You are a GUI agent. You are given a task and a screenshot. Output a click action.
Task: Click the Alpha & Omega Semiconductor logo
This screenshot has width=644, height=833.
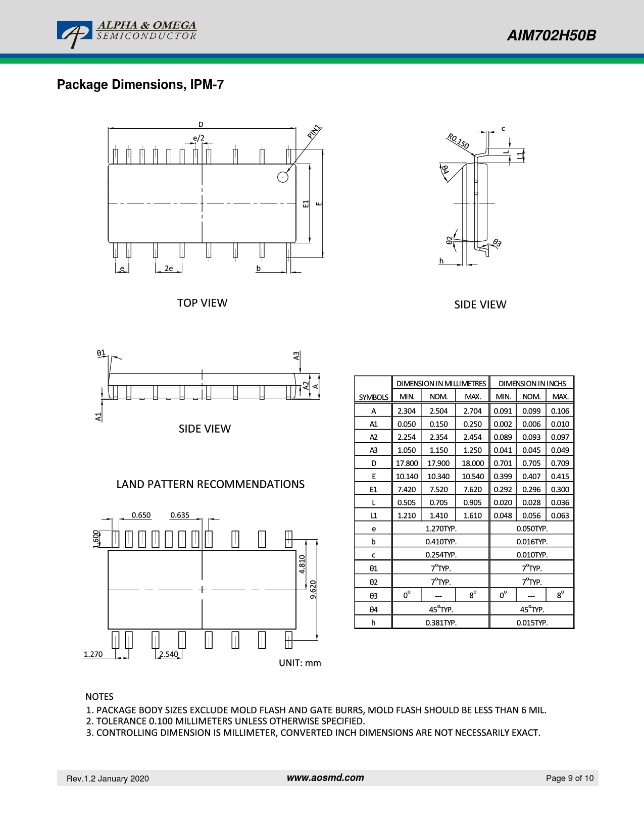pos(126,34)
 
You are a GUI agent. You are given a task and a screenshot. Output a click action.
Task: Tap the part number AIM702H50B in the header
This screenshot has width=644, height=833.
pos(551,35)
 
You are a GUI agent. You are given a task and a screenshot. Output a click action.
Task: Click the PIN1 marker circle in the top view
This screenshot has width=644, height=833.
pos(283,177)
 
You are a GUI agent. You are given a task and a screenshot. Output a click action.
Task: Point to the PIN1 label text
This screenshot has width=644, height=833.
pos(314,132)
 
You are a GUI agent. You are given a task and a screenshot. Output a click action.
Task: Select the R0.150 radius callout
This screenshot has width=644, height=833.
pos(458,141)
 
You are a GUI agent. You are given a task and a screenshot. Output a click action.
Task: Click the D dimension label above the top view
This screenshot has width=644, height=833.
pos(201,124)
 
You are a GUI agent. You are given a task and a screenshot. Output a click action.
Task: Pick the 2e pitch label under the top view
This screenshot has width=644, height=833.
pos(169,268)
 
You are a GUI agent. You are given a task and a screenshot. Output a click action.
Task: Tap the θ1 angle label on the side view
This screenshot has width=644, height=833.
pos(102,353)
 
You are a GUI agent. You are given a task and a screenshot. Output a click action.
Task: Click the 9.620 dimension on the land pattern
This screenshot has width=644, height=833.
pos(313,590)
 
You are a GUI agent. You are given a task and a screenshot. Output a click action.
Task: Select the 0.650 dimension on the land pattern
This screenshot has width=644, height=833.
pos(141,515)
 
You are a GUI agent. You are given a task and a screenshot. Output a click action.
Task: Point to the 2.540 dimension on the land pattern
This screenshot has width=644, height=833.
pos(169,654)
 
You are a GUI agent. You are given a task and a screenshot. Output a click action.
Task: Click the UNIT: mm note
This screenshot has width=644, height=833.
pos(300,663)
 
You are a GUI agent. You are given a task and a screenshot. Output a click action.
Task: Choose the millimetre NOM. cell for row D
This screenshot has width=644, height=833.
pos(438,463)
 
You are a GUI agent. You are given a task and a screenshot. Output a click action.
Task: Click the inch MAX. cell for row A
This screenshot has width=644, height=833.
pos(560,411)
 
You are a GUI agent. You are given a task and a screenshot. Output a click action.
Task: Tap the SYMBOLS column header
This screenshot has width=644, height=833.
pos(373,397)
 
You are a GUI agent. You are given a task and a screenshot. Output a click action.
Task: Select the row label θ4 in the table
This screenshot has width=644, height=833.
pos(373,609)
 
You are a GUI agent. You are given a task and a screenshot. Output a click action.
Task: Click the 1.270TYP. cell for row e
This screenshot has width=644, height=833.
pos(440,529)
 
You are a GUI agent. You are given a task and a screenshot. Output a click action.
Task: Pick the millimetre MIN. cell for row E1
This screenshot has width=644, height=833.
pos(407,489)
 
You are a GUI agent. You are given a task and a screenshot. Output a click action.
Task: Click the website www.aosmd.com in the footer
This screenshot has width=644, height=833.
pos(325,777)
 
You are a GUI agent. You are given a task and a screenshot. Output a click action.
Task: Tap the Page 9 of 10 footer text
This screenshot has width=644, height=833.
pos(570,778)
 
